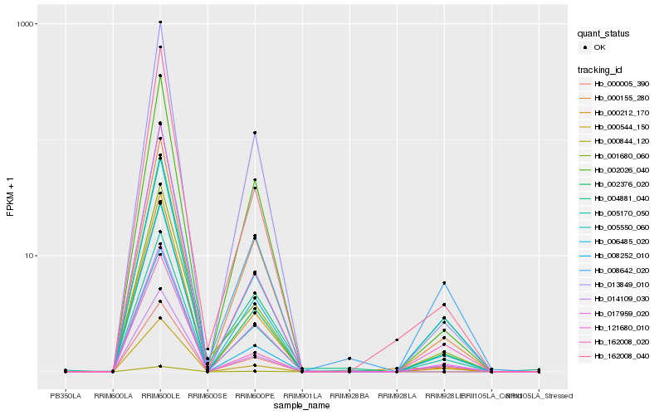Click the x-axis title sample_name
click(x=302, y=406)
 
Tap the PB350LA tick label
click(x=66, y=396)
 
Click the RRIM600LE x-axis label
click(x=160, y=396)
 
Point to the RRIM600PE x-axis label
click(x=255, y=396)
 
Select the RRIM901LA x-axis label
click(x=302, y=396)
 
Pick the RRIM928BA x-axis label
click(x=349, y=396)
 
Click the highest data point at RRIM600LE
click(x=160, y=22)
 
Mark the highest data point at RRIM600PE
click(x=255, y=133)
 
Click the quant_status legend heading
click(x=605, y=34)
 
